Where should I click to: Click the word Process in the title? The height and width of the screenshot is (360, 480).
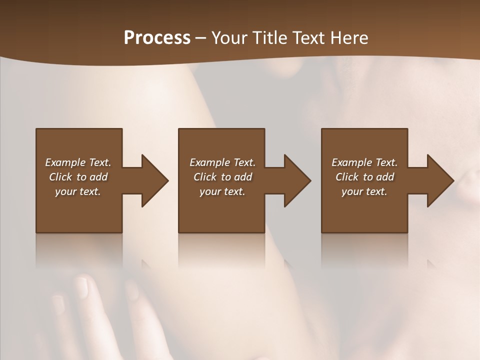[157, 38]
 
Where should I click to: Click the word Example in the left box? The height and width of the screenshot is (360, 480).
[65, 162]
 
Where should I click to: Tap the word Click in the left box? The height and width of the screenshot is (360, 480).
[60, 177]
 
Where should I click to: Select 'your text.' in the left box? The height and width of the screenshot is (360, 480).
[78, 191]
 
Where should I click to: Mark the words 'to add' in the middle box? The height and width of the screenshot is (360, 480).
[236, 177]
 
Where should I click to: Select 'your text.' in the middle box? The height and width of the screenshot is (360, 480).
[222, 191]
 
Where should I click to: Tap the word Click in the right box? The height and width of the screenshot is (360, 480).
[347, 177]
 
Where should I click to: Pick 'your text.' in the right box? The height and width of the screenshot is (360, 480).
[364, 191]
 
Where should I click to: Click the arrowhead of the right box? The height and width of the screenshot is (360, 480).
[439, 180]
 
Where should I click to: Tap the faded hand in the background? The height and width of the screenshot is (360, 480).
[90, 310]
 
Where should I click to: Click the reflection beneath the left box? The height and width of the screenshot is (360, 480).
[79, 250]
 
